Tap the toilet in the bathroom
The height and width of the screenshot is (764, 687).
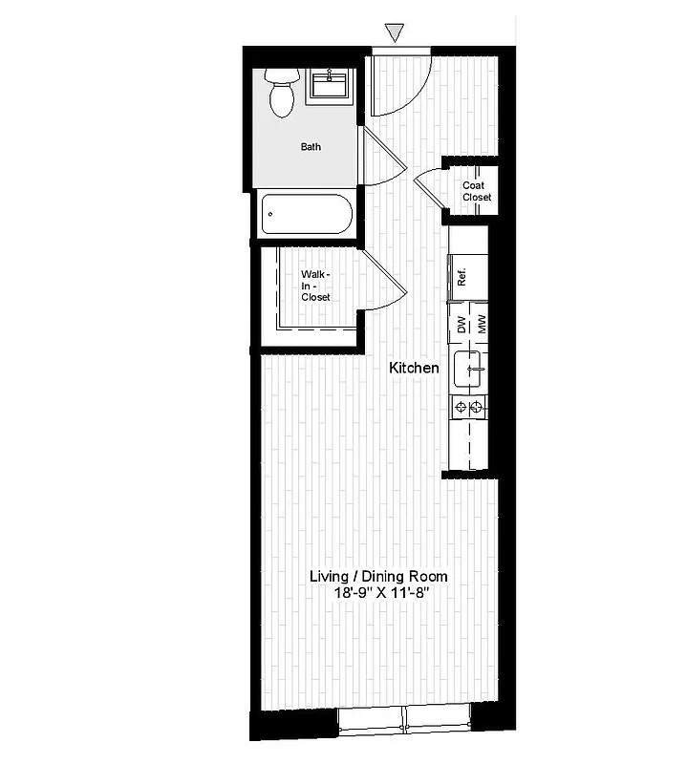click(x=282, y=93)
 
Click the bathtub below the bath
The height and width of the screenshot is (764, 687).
click(x=306, y=214)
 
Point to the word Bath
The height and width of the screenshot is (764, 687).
click(x=311, y=147)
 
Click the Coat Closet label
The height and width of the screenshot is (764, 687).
click(x=477, y=191)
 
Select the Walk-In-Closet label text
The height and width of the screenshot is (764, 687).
click(x=315, y=286)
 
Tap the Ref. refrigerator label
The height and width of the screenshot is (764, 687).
click(x=461, y=278)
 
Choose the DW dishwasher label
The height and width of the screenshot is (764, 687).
click(x=461, y=325)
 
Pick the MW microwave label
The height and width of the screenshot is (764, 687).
click(x=483, y=325)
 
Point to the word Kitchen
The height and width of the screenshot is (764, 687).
click(x=414, y=368)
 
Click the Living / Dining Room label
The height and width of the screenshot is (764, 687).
click(x=378, y=577)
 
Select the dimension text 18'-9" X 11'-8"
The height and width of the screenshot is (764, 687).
click(x=378, y=593)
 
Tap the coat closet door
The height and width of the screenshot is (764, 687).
click(x=432, y=187)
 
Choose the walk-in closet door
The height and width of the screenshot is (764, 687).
click(x=387, y=283)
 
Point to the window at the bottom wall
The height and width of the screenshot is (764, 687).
click(x=406, y=720)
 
